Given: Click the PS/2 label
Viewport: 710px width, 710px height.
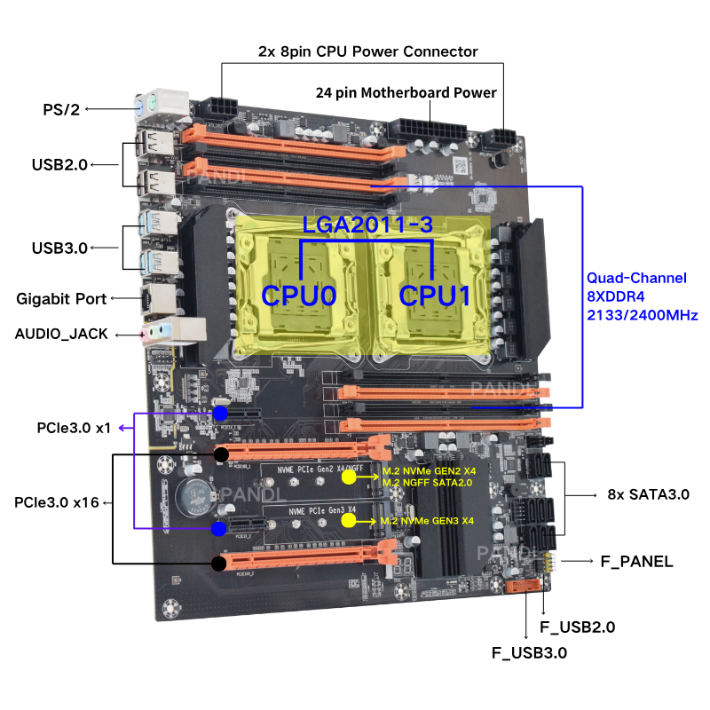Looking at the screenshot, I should tap(61, 109).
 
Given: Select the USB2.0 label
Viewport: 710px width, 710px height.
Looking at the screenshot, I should tap(60, 164).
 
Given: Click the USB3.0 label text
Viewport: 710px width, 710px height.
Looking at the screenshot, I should tap(60, 248).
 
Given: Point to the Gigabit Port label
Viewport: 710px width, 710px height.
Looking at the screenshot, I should tap(61, 299).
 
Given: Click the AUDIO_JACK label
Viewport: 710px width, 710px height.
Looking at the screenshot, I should tap(61, 334).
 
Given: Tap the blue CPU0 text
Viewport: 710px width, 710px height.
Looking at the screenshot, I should tap(298, 295).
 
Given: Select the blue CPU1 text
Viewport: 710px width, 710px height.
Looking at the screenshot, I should tap(435, 295).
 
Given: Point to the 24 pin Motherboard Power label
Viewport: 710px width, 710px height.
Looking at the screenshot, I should tap(406, 92).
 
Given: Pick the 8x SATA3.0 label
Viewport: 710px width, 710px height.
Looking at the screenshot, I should tap(648, 493).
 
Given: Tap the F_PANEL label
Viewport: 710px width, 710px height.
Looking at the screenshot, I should tap(636, 562).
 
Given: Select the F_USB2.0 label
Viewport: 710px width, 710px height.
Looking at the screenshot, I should tap(577, 627).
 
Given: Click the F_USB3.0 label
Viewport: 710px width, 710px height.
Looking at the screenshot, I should tap(529, 653).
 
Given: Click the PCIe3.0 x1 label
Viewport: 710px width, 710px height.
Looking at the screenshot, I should tap(62, 428).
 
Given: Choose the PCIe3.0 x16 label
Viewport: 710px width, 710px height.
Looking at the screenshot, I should tap(57, 502).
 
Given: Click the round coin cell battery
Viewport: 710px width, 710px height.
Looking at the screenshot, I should tap(190, 496).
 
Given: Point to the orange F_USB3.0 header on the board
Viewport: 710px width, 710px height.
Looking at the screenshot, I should tap(525, 586).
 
